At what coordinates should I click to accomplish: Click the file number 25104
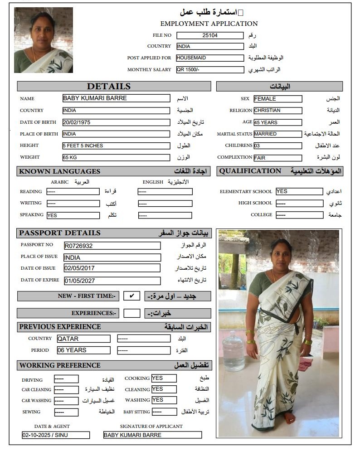pyautogui.click(x=210, y=35)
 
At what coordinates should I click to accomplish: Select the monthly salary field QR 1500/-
pyautogui.click(x=210, y=70)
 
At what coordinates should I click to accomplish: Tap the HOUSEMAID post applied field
pyautogui.click(x=210, y=58)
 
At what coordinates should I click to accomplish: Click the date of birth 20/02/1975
pyautogui.click(x=116, y=122)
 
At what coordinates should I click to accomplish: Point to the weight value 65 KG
pyautogui.click(x=116, y=157)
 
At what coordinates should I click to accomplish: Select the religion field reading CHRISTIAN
pyautogui.click(x=277, y=111)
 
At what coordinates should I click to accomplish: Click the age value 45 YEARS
pyautogui.click(x=277, y=122)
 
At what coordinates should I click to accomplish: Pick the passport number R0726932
pyautogui.click(x=112, y=246)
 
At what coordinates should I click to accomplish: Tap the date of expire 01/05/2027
pyautogui.click(x=112, y=281)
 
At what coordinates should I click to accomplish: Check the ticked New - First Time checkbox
pyautogui.click(x=131, y=296)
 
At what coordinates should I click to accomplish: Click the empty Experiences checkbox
pyautogui.click(x=131, y=313)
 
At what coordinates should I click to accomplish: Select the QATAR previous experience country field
pyautogui.click(x=83, y=339)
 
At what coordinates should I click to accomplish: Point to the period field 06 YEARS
pyautogui.click(x=83, y=350)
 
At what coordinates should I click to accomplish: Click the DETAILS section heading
pyautogui.click(x=109, y=87)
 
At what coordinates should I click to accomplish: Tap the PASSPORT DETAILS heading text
pyautogui.click(x=60, y=233)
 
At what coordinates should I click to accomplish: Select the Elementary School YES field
pyautogui.click(x=299, y=191)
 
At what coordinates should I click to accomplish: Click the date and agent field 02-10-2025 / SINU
pyautogui.click(x=56, y=435)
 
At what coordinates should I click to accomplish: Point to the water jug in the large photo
pyautogui.click(x=234, y=351)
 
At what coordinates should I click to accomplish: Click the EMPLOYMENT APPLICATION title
pyautogui.click(x=209, y=24)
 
